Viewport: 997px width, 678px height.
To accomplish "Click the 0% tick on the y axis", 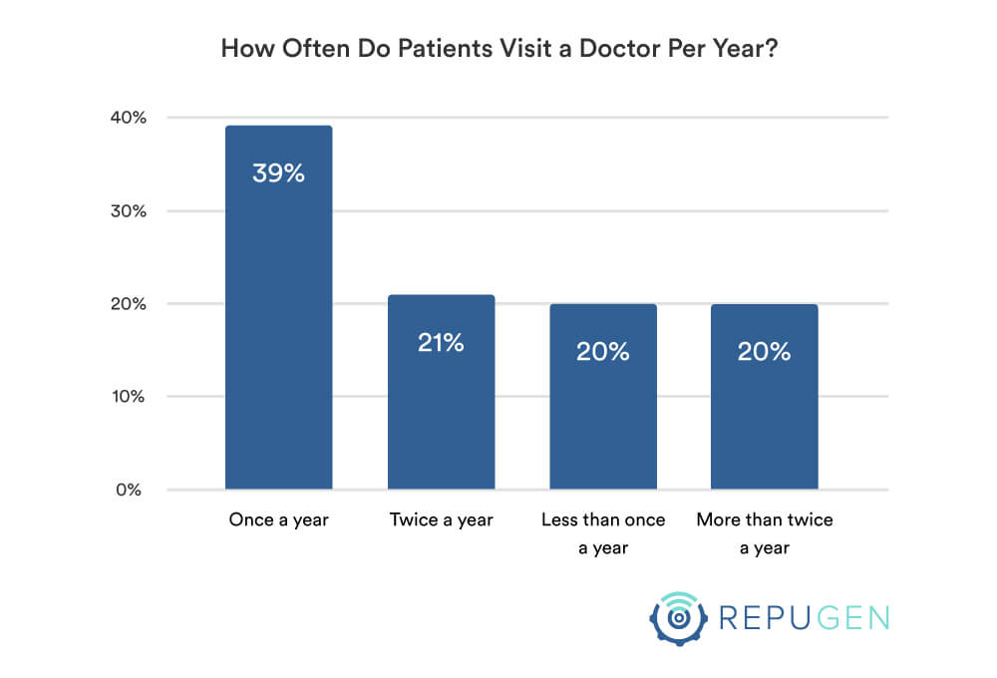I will coord(133,490).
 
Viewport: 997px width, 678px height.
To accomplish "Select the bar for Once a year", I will coord(278,329).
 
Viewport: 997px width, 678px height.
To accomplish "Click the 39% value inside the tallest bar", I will coord(278,173).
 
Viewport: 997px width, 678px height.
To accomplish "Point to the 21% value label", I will coord(441,343).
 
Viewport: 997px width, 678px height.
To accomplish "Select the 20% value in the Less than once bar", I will coord(603,351).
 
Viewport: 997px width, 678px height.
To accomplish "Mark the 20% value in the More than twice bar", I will coord(765,351).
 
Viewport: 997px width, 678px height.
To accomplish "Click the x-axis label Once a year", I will coord(278,520).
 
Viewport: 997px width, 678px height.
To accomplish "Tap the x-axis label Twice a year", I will coord(441,520).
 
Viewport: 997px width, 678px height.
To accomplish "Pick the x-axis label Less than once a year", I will coord(603,533).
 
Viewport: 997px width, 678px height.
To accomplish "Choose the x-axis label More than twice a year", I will coord(765,533).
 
